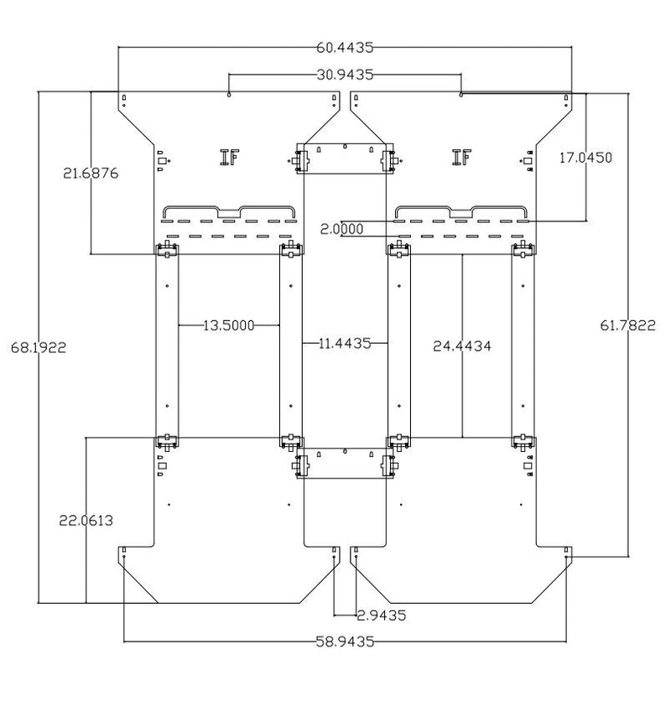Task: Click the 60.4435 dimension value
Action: [x=345, y=47]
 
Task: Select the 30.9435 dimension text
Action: [x=345, y=74]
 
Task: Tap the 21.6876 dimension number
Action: [x=91, y=173]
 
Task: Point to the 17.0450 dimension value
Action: [x=585, y=158]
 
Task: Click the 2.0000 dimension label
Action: [x=341, y=229]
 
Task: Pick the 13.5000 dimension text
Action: [x=229, y=325]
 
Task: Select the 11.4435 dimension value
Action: [x=345, y=343]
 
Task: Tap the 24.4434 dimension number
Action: [x=462, y=346]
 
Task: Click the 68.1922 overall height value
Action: [x=39, y=347]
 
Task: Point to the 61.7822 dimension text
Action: [x=627, y=325]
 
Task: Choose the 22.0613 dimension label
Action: [x=86, y=520]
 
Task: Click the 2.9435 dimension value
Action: [x=381, y=615]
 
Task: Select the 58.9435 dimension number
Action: [x=345, y=642]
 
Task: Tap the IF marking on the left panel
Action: [x=229, y=157]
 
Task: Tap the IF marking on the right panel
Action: [x=461, y=157]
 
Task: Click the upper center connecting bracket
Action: [x=345, y=158]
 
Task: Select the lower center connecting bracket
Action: [x=345, y=463]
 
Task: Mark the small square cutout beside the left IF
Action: [x=162, y=161]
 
